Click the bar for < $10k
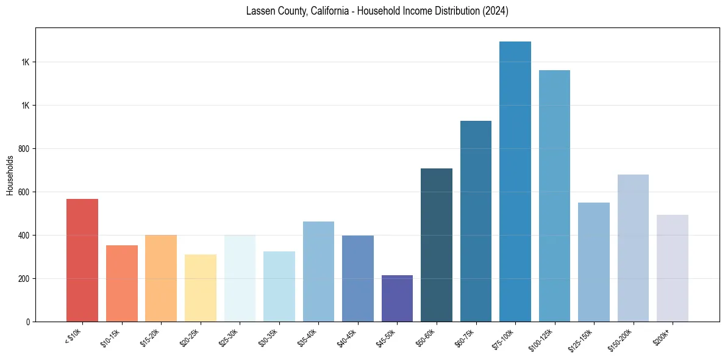pyautogui.click(x=82, y=261)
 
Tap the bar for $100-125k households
pyautogui.click(x=554, y=196)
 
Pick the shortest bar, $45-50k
pyautogui.click(x=397, y=298)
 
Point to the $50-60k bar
pyautogui.click(x=437, y=245)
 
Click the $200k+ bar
pyautogui.click(x=672, y=268)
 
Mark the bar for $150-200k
pyautogui.click(x=633, y=248)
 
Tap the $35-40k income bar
pyautogui.click(x=318, y=272)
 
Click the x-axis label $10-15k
pyautogui.click(x=111, y=337)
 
